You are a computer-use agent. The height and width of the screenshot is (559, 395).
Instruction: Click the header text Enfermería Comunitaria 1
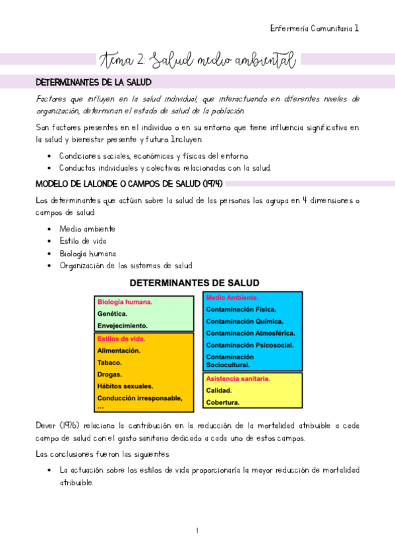(x=315, y=28)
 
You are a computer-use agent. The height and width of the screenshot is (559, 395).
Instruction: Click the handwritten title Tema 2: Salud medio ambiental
(x=197, y=61)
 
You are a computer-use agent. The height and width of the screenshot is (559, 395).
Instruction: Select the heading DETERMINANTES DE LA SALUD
(x=93, y=82)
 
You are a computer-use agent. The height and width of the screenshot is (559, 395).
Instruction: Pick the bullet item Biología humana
(x=88, y=253)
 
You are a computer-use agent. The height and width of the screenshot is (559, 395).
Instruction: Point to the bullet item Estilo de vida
(x=82, y=241)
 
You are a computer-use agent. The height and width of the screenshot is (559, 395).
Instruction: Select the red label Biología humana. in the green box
(x=125, y=302)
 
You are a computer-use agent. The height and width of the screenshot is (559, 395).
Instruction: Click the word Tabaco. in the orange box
(x=109, y=363)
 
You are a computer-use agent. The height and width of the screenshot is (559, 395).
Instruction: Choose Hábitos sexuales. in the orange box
(x=125, y=386)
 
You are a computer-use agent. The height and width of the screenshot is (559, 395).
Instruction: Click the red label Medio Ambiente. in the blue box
(x=232, y=297)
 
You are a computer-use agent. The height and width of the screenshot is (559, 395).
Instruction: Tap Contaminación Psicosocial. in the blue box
(x=250, y=345)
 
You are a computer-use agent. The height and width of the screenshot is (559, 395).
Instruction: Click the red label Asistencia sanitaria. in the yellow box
(x=238, y=379)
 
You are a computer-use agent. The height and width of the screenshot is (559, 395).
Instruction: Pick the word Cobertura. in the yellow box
(x=223, y=402)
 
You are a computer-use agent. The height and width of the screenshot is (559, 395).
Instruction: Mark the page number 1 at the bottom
(x=197, y=531)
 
